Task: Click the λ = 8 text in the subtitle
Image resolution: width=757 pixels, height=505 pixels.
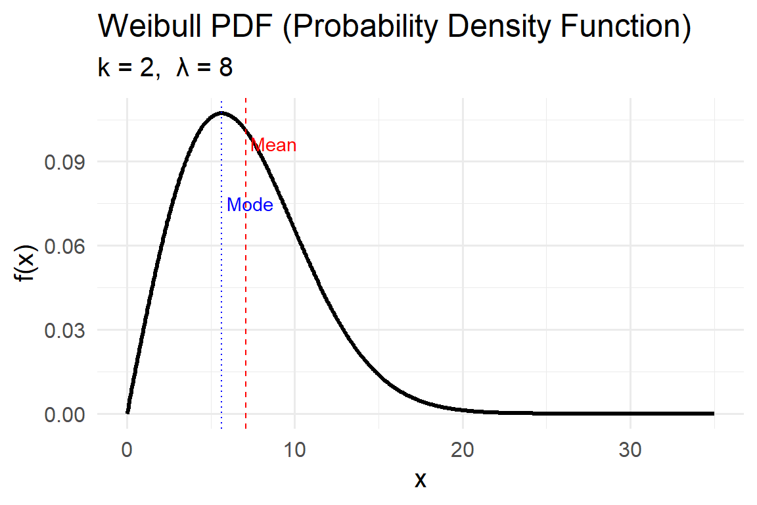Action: (x=204, y=67)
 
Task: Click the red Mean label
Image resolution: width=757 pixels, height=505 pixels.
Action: (x=273, y=145)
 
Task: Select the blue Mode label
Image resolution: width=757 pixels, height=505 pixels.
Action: (x=250, y=205)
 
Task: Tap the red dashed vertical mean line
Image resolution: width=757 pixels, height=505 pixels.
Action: (x=246, y=296)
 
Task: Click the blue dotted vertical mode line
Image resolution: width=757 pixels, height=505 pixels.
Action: (x=221, y=296)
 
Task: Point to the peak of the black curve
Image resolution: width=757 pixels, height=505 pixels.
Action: (x=221, y=113)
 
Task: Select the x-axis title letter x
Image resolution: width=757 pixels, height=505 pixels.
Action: (x=421, y=479)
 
